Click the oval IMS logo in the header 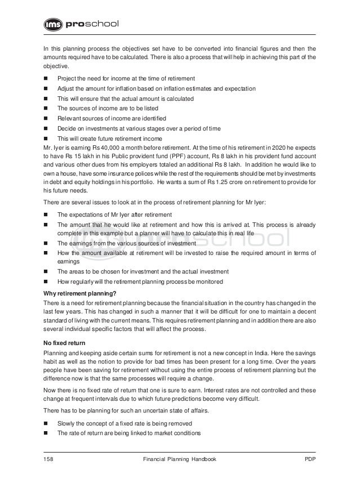point(54,25)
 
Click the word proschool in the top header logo point(93,25)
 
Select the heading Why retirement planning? point(81,293)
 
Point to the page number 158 point(49,460)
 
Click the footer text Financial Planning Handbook point(180,460)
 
